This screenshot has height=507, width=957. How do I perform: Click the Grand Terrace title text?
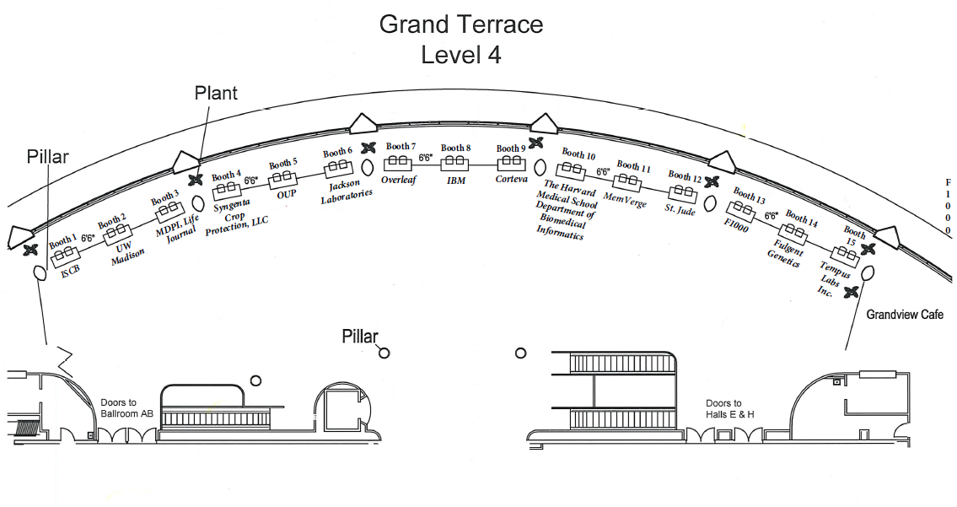click(x=460, y=24)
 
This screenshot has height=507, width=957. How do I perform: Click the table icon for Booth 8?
click(x=456, y=160)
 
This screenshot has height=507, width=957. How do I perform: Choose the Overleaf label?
click(x=399, y=180)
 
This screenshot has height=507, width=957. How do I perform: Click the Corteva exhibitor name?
click(x=511, y=179)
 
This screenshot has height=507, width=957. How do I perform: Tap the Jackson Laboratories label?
click(x=347, y=192)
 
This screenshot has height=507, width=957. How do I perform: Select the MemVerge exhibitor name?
click(x=624, y=199)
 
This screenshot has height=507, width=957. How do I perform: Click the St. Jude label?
click(x=679, y=208)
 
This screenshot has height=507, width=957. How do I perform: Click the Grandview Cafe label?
click(x=905, y=315)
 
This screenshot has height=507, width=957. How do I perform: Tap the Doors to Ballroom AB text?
click(x=126, y=408)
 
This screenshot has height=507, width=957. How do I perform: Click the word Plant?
click(x=216, y=93)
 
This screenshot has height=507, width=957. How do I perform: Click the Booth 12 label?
click(x=685, y=176)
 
